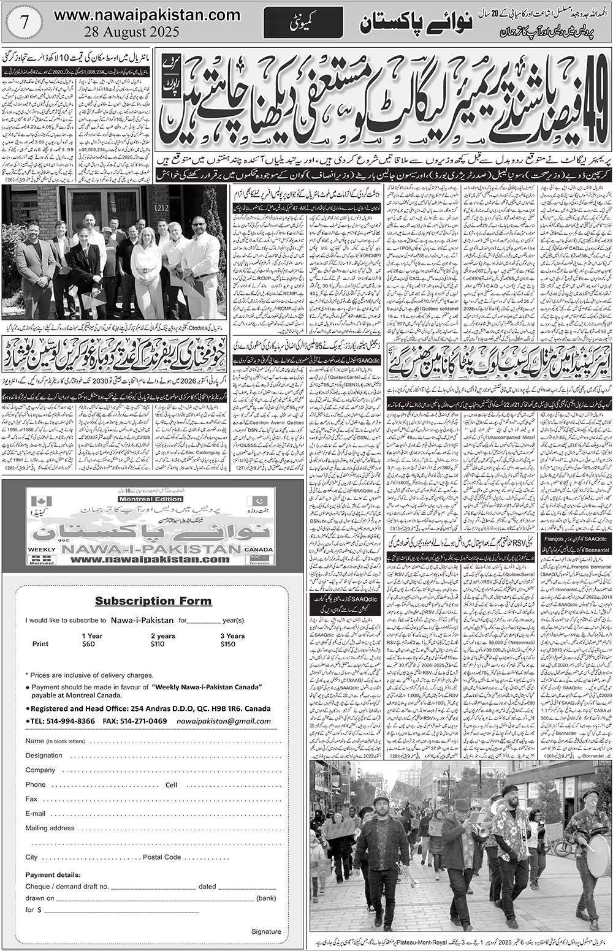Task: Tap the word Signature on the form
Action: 266,931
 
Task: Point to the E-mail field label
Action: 36,814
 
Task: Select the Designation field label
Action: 44,756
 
